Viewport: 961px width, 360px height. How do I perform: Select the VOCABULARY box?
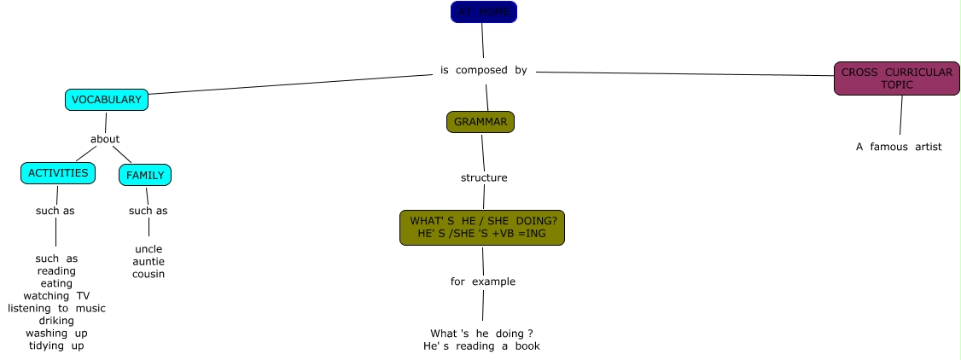[107, 100]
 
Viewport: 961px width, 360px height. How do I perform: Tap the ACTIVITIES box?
[58, 173]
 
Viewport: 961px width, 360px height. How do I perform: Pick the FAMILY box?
[145, 176]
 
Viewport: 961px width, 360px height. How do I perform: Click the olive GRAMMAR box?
[480, 122]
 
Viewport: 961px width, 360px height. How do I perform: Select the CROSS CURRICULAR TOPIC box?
[896, 78]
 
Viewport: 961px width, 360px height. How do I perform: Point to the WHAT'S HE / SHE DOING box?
[482, 227]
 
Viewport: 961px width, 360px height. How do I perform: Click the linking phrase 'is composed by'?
[484, 70]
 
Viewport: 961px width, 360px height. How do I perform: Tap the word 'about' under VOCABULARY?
[105, 139]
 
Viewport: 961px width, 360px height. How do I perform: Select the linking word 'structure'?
[484, 177]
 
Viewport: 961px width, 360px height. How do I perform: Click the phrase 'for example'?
[483, 282]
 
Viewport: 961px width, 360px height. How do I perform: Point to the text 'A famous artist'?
[899, 147]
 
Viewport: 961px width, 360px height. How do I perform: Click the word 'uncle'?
[149, 249]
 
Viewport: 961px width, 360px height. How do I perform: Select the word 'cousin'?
[149, 274]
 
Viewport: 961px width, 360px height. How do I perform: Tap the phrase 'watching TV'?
[56, 296]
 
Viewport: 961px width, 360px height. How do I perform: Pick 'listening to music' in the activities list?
[56, 308]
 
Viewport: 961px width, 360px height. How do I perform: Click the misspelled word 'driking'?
[56, 321]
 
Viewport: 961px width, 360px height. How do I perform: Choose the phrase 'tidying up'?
[56, 345]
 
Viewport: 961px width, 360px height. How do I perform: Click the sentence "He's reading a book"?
[481, 345]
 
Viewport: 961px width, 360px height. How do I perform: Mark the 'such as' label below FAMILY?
[149, 211]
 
